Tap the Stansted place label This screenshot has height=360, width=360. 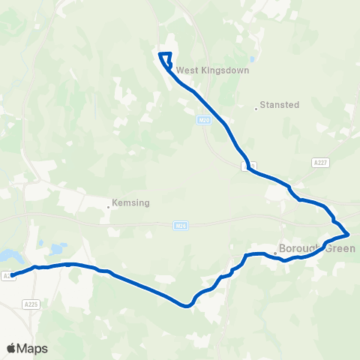point(279,105)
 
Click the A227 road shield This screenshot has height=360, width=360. point(320,162)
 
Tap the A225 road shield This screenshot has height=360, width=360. point(31,304)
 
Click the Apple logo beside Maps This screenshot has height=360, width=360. point(11,348)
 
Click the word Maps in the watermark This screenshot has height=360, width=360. point(32,348)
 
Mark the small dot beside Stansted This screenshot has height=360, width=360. point(256,109)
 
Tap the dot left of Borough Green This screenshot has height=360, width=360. point(275,253)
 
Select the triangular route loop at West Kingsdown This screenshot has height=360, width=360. point(166,59)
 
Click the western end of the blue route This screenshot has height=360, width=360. point(13,275)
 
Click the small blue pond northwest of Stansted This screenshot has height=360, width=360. point(253,59)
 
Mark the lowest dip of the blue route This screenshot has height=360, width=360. point(186,305)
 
